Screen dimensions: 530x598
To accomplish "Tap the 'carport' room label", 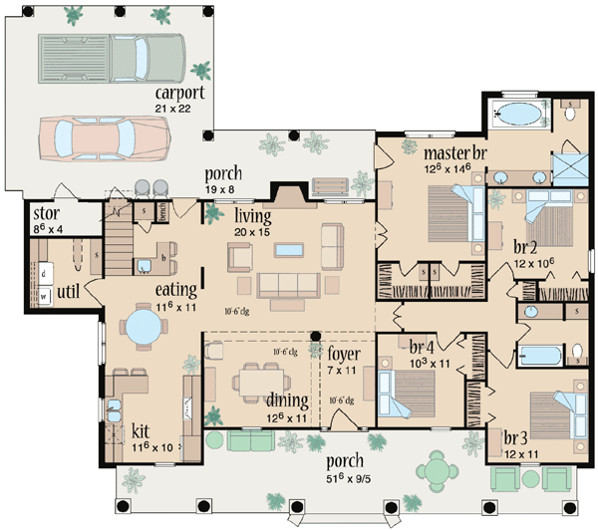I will [x=179, y=92].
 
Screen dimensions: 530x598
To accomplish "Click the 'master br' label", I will [x=454, y=154].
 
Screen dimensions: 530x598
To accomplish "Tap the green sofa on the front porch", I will [x=250, y=440].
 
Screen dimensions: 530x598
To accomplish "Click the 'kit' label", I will [x=143, y=434].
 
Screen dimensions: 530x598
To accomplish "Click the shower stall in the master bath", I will [x=568, y=165].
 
